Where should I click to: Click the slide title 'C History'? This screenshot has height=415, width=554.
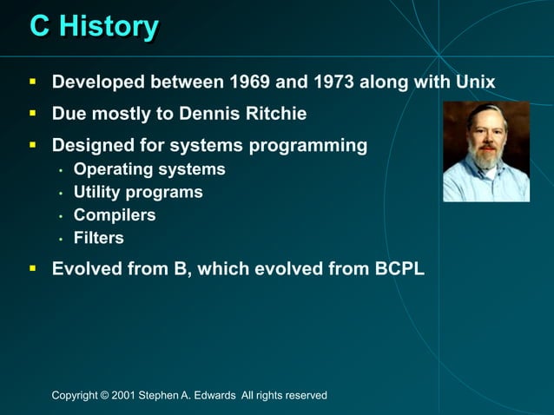[94, 26]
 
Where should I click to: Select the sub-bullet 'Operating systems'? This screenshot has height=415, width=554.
[149, 169]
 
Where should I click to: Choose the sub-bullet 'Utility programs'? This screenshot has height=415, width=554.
[138, 192]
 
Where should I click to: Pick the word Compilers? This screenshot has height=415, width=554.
[115, 214]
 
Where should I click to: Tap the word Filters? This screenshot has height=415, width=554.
[99, 237]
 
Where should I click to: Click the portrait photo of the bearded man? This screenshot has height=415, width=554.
[485, 151]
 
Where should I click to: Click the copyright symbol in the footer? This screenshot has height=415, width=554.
[105, 396]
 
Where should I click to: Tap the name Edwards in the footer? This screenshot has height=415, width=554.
[215, 396]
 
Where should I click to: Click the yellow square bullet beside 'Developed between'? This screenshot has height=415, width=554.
[32, 82]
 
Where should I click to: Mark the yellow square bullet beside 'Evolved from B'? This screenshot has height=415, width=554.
[32, 269]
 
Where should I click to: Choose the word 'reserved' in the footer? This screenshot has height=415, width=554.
[304, 396]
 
